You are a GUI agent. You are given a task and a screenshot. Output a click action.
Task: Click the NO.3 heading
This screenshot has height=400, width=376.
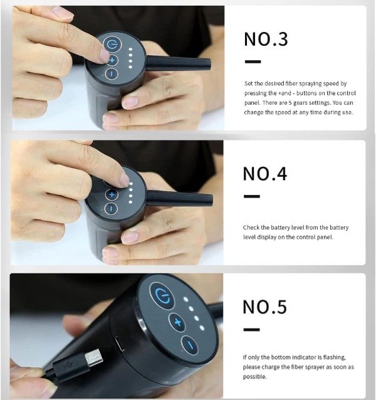[x=266, y=39]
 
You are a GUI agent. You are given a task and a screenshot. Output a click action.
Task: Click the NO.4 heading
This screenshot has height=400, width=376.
[x=265, y=174]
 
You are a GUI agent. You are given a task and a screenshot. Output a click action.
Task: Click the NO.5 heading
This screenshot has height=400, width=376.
[x=264, y=307]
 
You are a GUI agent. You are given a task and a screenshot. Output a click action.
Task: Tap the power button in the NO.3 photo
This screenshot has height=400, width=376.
[x=111, y=45]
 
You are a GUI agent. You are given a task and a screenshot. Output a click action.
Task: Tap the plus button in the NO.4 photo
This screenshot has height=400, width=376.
[x=112, y=195]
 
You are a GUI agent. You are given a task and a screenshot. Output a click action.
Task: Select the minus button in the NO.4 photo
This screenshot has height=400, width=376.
[x=111, y=209]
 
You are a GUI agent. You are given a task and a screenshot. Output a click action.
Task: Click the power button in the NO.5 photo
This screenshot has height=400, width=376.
[x=162, y=296]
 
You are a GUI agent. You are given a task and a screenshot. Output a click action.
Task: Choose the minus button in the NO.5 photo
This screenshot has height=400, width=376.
[x=190, y=345]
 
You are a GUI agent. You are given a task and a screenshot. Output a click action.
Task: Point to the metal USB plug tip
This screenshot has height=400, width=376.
[x=94, y=357]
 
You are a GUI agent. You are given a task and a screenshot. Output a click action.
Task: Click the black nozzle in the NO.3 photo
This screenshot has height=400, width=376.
[x=178, y=64]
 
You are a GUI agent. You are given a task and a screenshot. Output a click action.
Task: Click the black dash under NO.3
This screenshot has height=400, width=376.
[x=253, y=61]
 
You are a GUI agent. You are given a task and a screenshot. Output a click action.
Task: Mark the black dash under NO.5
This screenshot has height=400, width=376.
[x=251, y=330]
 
